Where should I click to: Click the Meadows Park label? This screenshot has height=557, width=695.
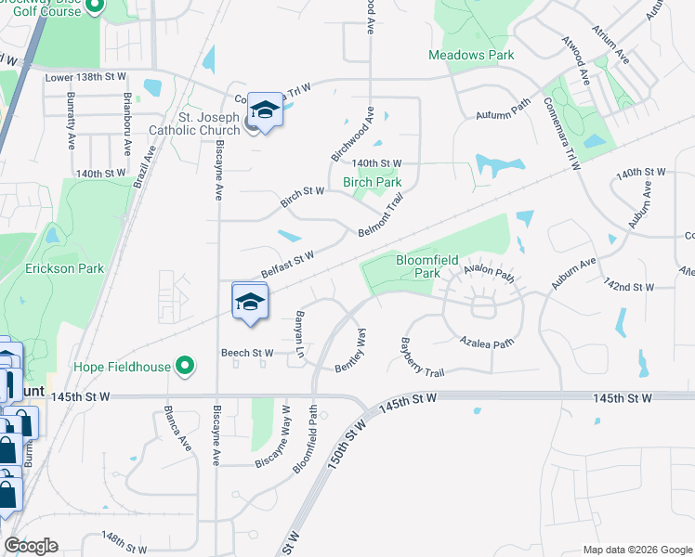coord(471,56)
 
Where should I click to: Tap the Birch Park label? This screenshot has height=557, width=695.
coord(373,183)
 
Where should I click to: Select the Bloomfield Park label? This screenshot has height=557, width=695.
coord(426,266)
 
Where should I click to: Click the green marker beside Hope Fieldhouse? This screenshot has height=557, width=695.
coord(185,367)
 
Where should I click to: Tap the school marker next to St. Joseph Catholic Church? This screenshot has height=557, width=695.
coord(265,111)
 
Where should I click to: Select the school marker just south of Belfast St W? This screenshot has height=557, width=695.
coord(250,302)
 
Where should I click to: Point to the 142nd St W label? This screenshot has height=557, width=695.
coord(629,285)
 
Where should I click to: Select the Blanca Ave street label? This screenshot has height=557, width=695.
coord(177,427)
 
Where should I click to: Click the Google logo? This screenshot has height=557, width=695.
coord(31,546)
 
